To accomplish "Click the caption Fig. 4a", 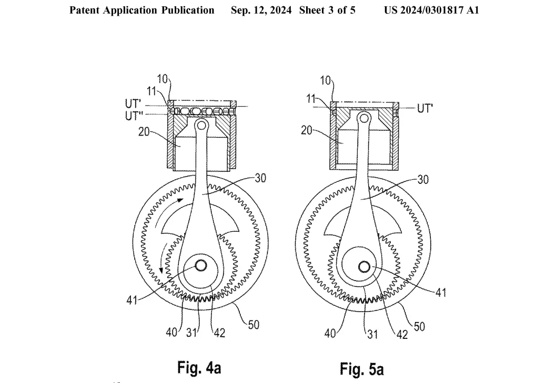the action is pyautogui.click(x=199, y=367).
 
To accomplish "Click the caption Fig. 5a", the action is pyautogui.click(x=362, y=369).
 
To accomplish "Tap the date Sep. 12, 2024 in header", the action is pyautogui.click(x=261, y=10).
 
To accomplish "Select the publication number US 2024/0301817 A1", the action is pyautogui.click(x=431, y=10).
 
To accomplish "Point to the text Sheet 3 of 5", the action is pyautogui.click(x=327, y=10).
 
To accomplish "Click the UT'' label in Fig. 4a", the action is pyautogui.click(x=134, y=116).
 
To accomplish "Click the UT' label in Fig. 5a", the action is pyautogui.click(x=425, y=108).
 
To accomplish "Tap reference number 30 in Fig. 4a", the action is pyautogui.click(x=260, y=178).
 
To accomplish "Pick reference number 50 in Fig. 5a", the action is pyautogui.click(x=419, y=326).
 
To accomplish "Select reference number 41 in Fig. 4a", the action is pyautogui.click(x=132, y=301).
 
